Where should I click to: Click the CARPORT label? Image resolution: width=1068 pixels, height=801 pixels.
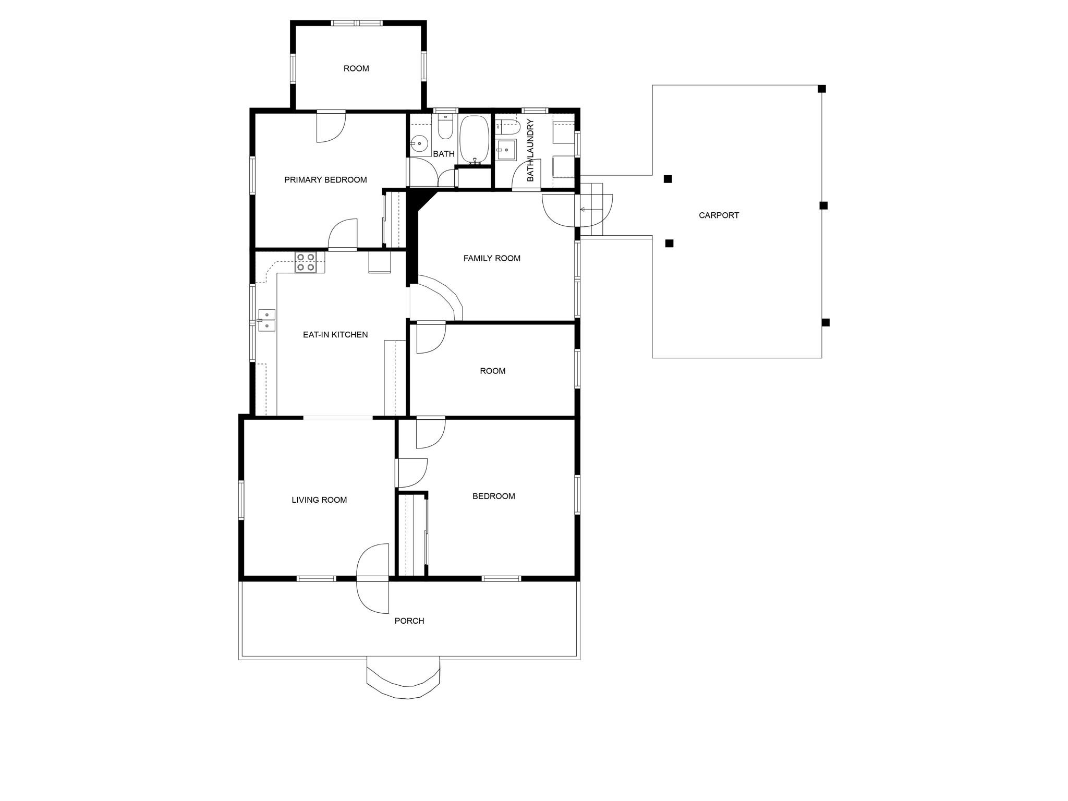tap(719, 215)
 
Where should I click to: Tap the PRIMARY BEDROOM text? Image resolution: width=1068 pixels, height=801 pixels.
tap(325, 180)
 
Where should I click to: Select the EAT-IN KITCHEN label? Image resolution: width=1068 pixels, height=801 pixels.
tap(335, 335)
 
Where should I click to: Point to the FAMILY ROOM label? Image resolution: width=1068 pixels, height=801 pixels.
tap(492, 258)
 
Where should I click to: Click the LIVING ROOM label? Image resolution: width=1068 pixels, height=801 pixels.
tap(319, 500)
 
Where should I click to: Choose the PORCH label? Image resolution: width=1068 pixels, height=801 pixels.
tap(409, 621)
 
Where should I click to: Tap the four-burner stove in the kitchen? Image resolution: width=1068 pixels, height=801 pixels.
tap(306, 262)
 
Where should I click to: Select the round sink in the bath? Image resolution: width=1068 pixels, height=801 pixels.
tap(419, 143)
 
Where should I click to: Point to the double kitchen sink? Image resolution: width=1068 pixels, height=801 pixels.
tap(267, 320)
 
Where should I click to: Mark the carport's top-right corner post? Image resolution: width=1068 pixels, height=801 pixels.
tap(821, 89)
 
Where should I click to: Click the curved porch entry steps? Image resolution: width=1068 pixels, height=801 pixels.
tap(404, 678)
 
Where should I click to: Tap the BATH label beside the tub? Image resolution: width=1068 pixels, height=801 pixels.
tap(444, 154)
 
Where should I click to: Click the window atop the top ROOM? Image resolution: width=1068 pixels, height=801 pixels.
tap(357, 23)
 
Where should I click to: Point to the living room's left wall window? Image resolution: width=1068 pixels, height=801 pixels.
tap(241, 500)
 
